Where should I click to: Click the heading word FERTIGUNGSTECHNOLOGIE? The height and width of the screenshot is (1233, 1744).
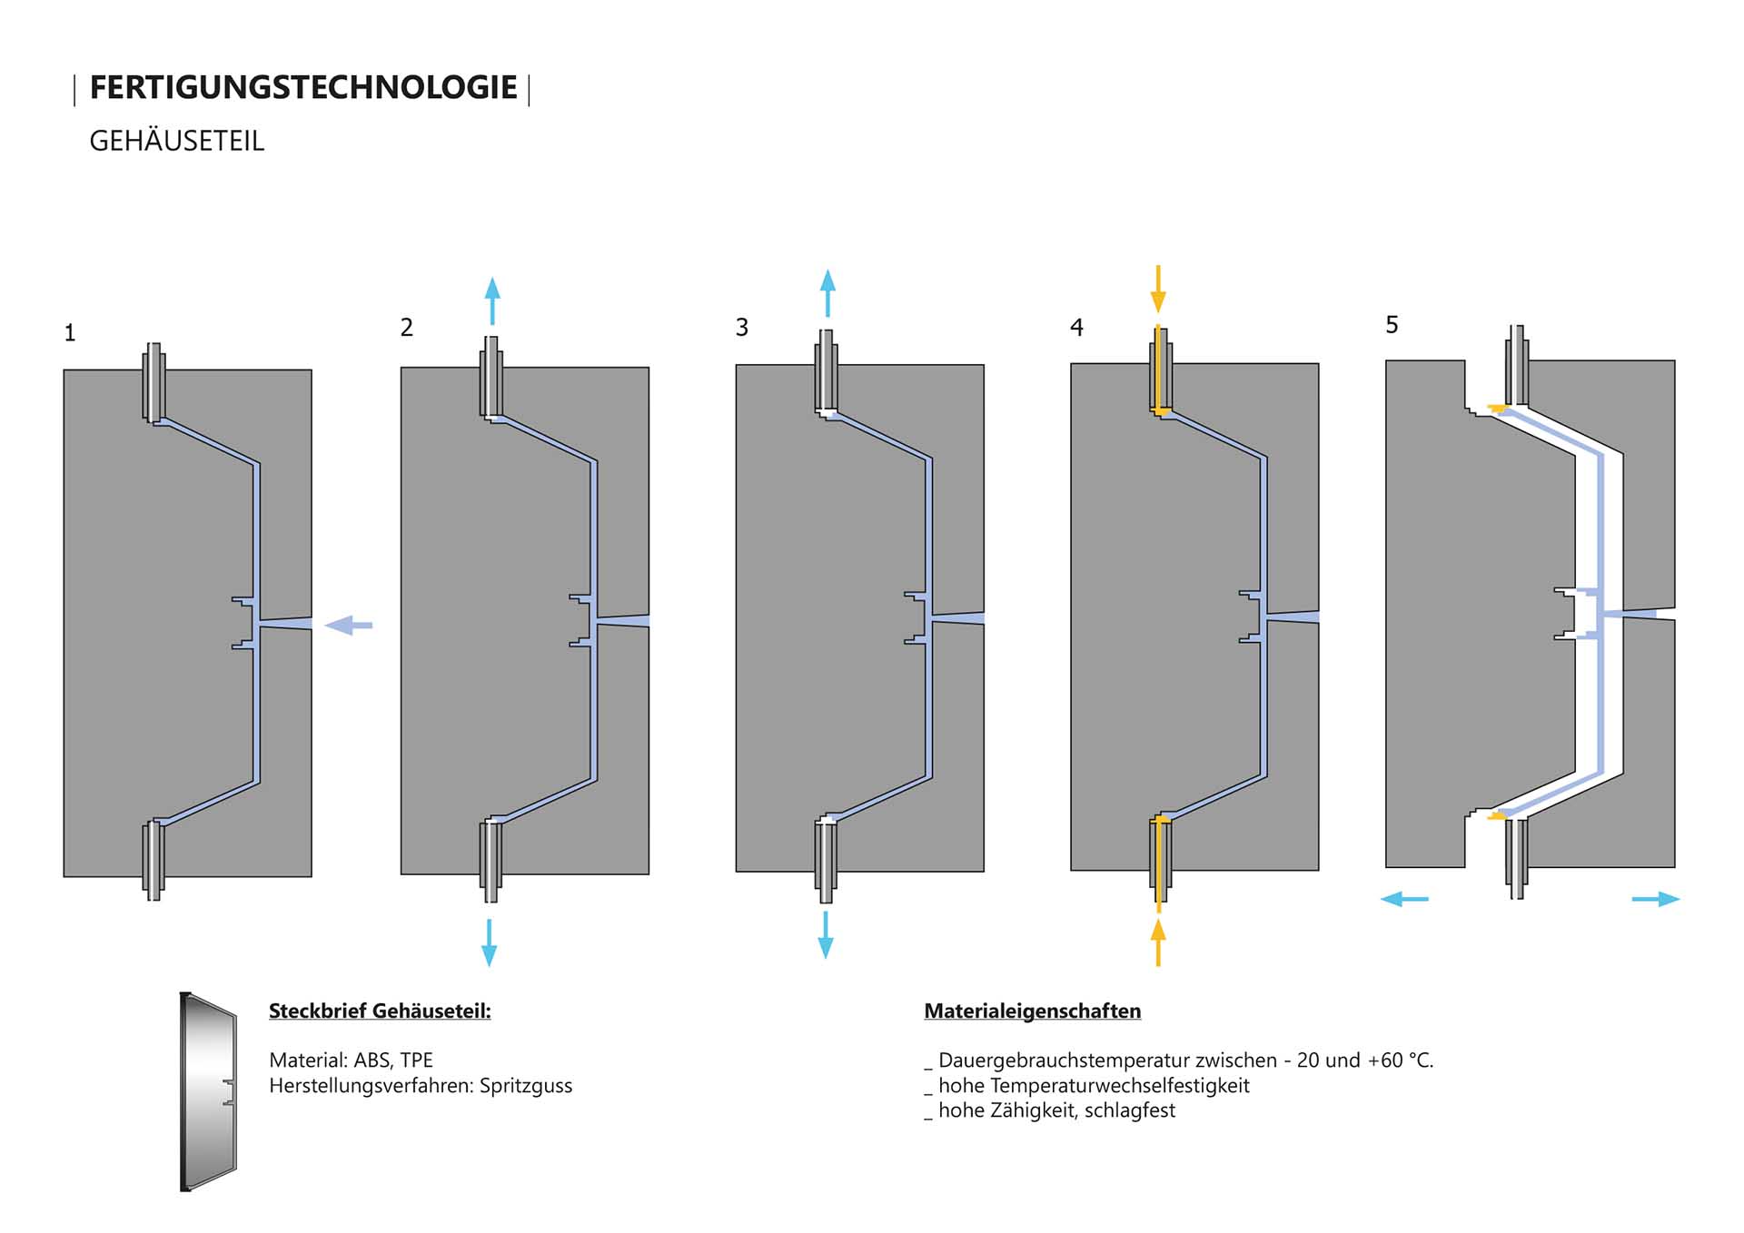[x=303, y=88]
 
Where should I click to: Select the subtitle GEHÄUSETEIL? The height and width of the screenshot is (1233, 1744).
[x=176, y=142]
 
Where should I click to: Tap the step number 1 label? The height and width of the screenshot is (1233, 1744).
[x=69, y=333]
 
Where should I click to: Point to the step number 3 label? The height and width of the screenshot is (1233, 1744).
[x=742, y=327]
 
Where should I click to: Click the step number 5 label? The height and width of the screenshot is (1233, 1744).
[x=1392, y=324]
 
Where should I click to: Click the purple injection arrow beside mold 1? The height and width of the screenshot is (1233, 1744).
[x=349, y=625]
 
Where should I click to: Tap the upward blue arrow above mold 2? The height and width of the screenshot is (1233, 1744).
[x=492, y=301]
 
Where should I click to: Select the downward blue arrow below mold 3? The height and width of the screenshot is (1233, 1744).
[x=826, y=935]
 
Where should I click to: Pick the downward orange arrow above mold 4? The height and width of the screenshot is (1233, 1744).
[x=1158, y=290]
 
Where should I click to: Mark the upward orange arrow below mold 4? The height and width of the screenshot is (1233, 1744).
[x=1158, y=942]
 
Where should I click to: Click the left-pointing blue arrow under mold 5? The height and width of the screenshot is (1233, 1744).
[x=1404, y=899]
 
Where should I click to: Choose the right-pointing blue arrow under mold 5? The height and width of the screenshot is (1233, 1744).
[x=1656, y=899]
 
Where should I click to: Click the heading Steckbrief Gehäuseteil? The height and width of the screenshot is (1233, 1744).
[x=380, y=1011]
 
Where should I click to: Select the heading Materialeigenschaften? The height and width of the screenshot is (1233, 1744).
[x=1032, y=1011]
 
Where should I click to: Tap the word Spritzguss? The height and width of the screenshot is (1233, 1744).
[x=526, y=1086]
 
